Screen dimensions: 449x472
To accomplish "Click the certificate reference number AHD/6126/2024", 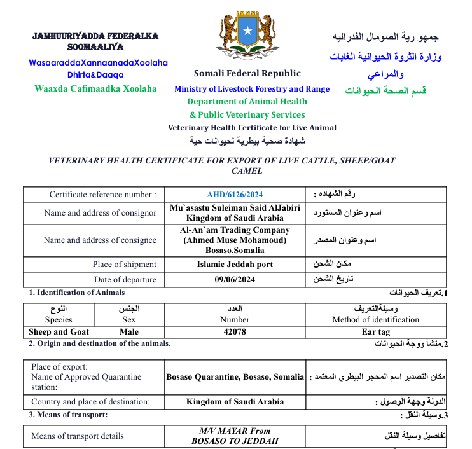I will pos(235,195).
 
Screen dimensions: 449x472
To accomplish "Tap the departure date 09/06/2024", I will pos(235,280).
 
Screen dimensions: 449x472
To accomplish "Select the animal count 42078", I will pos(235,331).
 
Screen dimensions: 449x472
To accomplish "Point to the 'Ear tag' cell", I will pos(375,331).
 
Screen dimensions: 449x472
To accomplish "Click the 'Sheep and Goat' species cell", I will pos(59,331).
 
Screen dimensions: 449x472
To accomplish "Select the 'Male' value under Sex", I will pos(129,331).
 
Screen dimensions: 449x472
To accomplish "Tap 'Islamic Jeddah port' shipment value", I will pos(235,264).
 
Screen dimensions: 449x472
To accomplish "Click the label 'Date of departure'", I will pos(125,280).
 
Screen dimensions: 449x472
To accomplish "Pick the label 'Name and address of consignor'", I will pos(100,213).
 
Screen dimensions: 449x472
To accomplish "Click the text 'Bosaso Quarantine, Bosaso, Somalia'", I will pos(235,377).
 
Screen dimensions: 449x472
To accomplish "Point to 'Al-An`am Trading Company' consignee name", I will pos(235,230).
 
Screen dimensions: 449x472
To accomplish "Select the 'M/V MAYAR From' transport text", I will pos(235,431).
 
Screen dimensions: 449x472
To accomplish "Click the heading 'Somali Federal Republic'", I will pos(247,73).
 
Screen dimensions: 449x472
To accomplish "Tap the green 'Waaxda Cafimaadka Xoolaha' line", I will pos(95,88).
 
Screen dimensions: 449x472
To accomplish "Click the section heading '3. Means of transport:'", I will pos(68,415).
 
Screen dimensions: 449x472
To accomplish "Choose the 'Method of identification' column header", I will pos(375,320).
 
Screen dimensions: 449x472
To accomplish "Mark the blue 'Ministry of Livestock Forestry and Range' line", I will pos(252,89).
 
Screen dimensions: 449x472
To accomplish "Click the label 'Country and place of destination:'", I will pos(90,402).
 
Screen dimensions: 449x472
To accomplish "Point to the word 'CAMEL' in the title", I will pos(247,170).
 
